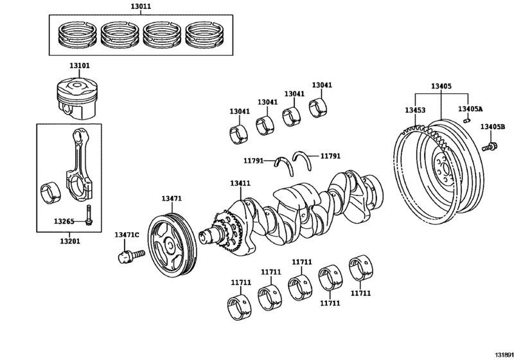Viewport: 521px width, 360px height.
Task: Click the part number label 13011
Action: [141, 6]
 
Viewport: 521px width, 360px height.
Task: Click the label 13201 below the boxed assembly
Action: [70, 241]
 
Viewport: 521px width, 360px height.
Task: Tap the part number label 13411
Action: [240, 183]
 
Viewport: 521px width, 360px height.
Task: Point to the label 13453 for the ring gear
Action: [415, 110]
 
